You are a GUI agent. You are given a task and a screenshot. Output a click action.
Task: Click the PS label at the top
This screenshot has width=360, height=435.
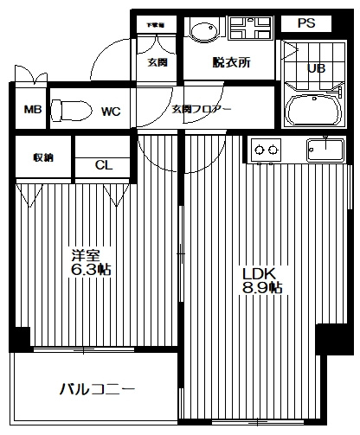click(x=306, y=23)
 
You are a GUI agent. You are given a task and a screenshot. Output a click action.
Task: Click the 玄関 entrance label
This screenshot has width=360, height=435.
click(x=157, y=63)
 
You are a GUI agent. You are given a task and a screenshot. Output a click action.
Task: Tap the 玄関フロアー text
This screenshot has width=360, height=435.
click(x=200, y=110)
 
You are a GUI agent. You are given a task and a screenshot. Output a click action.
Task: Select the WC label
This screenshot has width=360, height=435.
click(x=110, y=111)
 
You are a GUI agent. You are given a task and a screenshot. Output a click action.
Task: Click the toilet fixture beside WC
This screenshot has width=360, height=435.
click(x=69, y=110)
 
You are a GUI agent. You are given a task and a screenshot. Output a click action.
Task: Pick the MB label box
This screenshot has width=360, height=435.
click(x=32, y=111)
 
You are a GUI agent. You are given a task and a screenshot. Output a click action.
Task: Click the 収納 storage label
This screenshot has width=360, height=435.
click(x=42, y=157)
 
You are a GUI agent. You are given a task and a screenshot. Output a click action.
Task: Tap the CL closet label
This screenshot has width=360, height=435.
click(x=102, y=165)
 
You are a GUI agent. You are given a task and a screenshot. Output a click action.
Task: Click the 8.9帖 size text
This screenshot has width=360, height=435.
click(x=262, y=289)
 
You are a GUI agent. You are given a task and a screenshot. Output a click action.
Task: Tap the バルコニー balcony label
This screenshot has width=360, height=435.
click(x=97, y=390)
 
